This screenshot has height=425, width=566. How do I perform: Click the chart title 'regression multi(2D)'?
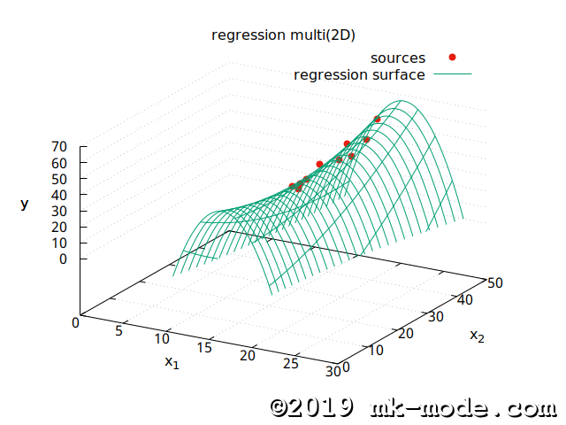(x=283, y=35)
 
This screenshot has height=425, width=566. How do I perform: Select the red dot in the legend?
(x=452, y=58)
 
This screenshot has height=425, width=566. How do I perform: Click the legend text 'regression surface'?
(x=359, y=74)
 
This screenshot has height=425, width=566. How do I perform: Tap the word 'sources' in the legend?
(x=397, y=58)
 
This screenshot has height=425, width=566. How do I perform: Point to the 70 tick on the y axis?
(x=61, y=147)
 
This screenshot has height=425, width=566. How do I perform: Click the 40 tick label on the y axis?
(x=61, y=195)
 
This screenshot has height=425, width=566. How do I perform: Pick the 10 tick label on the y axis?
(x=61, y=243)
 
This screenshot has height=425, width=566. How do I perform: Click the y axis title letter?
(x=25, y=204)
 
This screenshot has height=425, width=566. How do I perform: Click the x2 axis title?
(x=478, y=336)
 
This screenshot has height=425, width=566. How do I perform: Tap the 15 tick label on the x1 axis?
(x=204, y=347)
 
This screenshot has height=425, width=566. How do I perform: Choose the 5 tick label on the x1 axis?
(x=120, y=330)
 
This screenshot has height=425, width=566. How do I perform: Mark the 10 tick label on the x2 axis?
(x=375, y=351)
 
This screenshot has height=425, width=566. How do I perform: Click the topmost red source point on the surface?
(x=378, y=120)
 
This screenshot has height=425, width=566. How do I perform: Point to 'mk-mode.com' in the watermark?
(x=460, y=407)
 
